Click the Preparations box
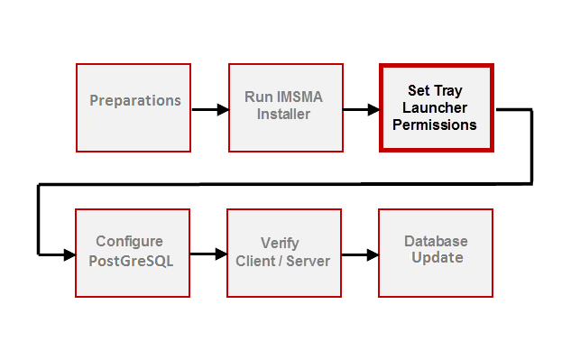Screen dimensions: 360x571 click(134, 107)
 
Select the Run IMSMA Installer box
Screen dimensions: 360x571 click(284, 107)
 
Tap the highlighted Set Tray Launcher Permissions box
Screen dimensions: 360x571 click(436, 108)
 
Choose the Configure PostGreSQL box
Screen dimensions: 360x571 click(133, 253)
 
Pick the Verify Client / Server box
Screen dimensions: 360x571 click(283, 253)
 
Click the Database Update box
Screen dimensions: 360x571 click(436, 253)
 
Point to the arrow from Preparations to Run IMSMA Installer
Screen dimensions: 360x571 click(209, 110)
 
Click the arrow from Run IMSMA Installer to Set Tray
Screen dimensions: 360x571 click(360, 110)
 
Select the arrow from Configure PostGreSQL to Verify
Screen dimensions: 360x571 click(208, 254)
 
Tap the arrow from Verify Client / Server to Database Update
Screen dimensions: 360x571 click(359, 254)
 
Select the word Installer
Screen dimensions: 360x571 click(283, 115)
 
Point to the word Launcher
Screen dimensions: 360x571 click(435, 108)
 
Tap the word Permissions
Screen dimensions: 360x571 click(435, 125)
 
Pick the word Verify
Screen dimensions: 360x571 click(280, 244)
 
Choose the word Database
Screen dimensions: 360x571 click(436, 241)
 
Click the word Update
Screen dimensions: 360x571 click(437, 258)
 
